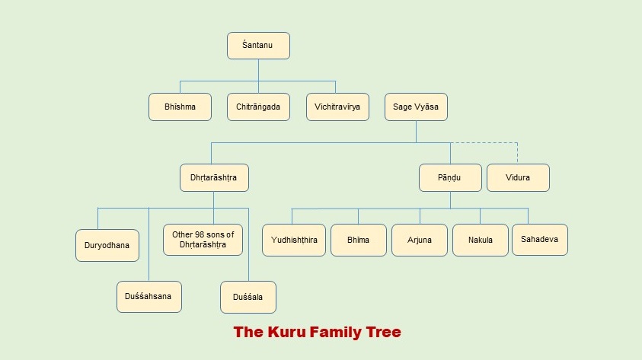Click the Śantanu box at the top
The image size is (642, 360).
(x=258, y=46)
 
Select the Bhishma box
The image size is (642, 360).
(x=180, y=107)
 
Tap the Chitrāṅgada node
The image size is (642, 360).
(x=258, y=107)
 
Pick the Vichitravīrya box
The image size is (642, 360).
(x=337, y=107)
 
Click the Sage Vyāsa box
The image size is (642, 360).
(x=416, y=107)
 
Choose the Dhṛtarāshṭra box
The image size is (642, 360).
(x=213, y=177)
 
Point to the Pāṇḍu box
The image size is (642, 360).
(x=450, y=177)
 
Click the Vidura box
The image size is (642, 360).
(x=518, y=177)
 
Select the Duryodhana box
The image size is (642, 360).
(x=107, y=245)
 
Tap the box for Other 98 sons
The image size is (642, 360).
(x=203, y=239)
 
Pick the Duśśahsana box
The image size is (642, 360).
(x=149, y=297)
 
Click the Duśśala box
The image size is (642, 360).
(x=248, y=297)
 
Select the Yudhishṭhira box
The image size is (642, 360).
(x=294, y=240)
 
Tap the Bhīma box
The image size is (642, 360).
(x=358, y=240)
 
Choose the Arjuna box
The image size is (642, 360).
(x=419, y=240)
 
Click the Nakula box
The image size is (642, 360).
(x=481, y=240)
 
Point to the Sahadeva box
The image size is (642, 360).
(x=539, y=239)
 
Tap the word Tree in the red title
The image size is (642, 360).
(x=383, y=332)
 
